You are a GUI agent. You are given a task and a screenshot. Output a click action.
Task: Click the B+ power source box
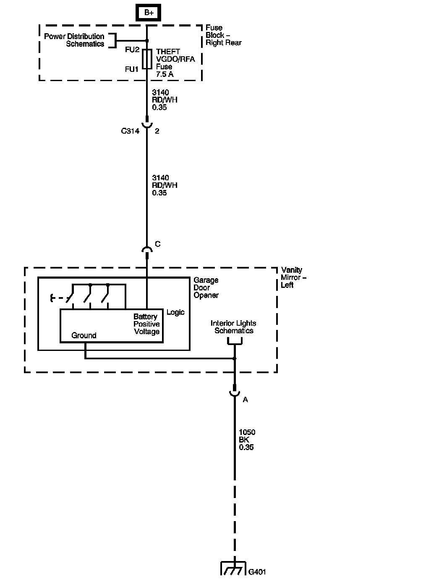click(148, 13)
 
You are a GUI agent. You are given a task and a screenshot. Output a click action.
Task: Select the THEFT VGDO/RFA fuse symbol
click(147, 59)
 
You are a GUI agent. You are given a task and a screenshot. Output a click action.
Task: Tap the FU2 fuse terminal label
click(132, 50)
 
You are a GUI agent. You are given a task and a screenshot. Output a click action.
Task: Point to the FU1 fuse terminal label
click(132, 69)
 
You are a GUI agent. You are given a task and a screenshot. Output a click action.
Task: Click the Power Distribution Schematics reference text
click(74, 40)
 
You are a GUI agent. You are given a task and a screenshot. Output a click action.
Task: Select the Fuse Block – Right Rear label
click(224, 35)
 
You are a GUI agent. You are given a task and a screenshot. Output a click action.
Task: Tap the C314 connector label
click(130, 131)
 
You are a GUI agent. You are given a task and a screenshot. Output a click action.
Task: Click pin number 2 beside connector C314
click(157, 131)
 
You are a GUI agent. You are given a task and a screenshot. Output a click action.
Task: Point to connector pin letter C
click(158, 244)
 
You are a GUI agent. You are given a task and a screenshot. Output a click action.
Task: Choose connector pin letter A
click(245, 400)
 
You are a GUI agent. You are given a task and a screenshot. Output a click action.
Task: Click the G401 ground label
click(257, 572)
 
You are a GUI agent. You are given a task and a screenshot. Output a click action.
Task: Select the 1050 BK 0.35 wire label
click(247, 440)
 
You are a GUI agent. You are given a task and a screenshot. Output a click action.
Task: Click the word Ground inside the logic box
click(84, 335)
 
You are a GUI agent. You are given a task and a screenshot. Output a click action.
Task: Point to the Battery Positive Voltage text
click(146, 324)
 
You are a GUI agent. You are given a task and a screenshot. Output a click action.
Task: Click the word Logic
click(175, 312)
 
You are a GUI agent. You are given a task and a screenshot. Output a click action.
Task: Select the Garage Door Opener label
click(206, 287)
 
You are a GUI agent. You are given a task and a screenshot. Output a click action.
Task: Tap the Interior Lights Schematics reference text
click(234, 327)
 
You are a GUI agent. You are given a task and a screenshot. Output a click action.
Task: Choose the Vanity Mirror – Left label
click(293, 277)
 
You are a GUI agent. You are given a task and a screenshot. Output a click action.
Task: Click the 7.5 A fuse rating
click(165, 74)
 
